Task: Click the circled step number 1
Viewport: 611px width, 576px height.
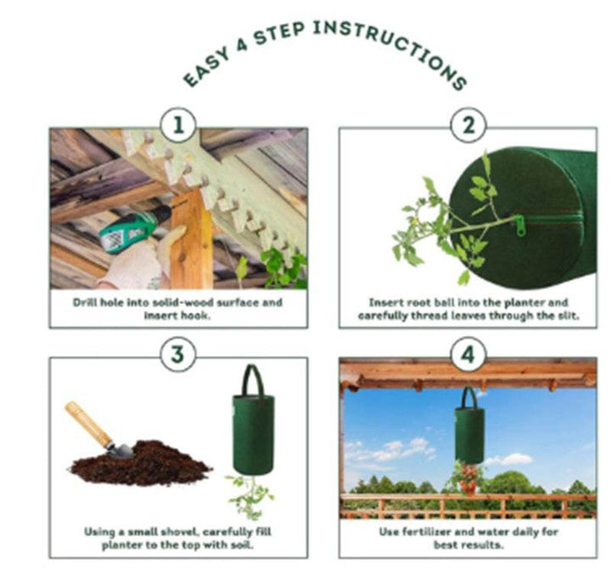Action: click(x=178, y=126)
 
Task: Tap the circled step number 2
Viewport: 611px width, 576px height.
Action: click(x=468, y=126)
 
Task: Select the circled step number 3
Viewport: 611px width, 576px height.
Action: click(x=178, y=355)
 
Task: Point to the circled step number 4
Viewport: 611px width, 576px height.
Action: click(x=468, y=355)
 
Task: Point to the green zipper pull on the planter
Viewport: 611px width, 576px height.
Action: click(x=520, y=226)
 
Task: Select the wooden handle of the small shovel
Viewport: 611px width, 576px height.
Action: click(x=88, y=423)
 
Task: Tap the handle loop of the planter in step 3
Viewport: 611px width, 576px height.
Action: click(x=253, y=380)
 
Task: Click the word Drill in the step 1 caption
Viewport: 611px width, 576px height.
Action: click(x=84, y=302)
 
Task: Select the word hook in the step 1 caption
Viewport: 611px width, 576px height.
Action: click(x=197, y=315)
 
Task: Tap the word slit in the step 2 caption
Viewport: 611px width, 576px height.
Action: click(x=568, y=315)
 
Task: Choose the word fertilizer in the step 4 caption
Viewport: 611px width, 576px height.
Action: click(x=425, y=532)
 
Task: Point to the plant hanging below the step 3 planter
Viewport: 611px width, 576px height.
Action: click(x=250, y=496)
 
